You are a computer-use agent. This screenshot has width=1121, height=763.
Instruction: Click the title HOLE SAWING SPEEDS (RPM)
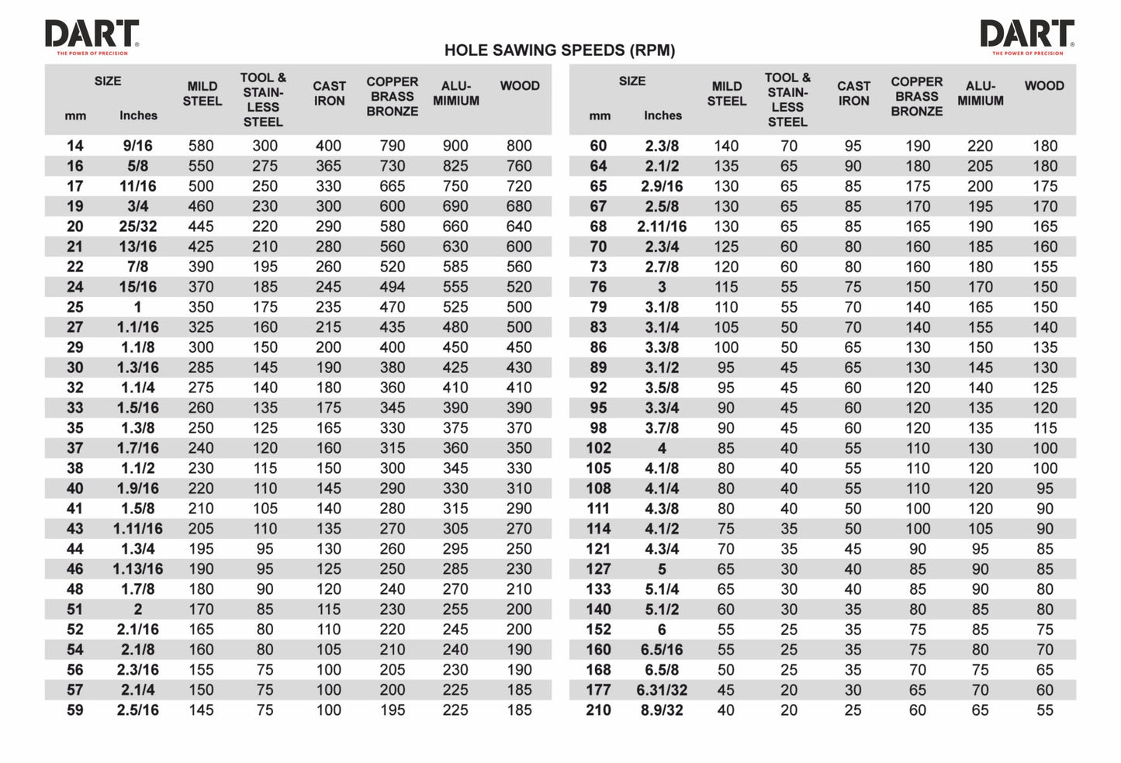[x=559, y=50]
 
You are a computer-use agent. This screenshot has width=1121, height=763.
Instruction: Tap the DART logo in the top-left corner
[x=92, y=36]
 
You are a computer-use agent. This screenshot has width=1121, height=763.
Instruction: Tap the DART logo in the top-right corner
[x=1027, y=36]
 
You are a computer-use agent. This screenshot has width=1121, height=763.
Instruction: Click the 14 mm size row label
[x=74, y=146]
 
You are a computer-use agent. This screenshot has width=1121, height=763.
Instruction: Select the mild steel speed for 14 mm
[x=201, y=146]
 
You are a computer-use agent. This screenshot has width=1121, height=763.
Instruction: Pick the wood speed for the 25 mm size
[x=519, y=307]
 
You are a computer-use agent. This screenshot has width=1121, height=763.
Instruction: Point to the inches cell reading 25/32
[x=138, y=226]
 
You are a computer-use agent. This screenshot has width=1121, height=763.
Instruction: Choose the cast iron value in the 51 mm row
[x=328, y=609]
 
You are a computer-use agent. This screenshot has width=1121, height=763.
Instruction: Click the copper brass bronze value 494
[x=392, y=287]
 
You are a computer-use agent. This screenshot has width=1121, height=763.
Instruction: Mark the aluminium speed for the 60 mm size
[x=980, y=146]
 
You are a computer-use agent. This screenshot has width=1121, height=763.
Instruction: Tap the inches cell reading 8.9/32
[x=662, y=710]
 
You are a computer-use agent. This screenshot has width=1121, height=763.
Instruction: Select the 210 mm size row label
[x=598, y=710]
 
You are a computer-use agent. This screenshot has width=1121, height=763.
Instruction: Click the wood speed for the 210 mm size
[x=1044, y=710]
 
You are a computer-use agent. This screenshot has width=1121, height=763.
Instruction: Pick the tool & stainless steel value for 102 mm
[x=788, y=448]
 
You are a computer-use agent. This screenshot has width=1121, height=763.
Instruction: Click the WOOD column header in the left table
[x=519, y=86]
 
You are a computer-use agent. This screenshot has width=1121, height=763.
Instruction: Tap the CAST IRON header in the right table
[x=853, y=93]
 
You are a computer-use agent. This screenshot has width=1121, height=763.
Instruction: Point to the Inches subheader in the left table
[x=138, y=116]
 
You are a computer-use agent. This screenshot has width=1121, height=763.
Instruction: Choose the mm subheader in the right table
[x=600, y=116]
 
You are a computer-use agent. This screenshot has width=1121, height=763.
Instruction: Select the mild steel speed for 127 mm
[x=725, y=569]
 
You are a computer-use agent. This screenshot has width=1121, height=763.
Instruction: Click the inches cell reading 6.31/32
[x=662, y=690]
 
